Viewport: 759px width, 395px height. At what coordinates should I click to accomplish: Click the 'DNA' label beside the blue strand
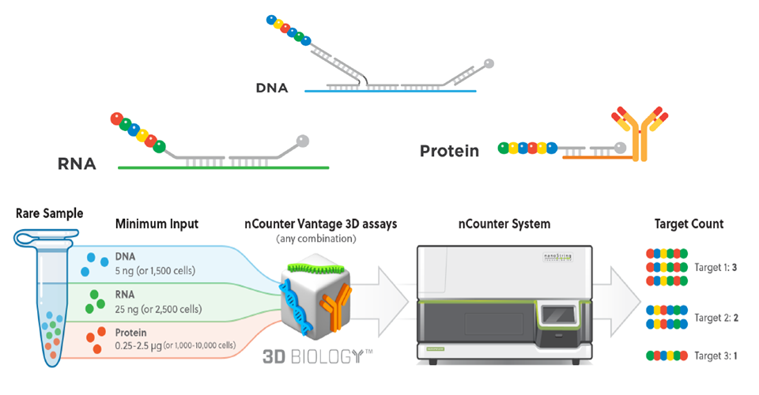point(272,88)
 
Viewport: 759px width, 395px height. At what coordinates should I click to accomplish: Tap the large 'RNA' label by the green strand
point(77,164)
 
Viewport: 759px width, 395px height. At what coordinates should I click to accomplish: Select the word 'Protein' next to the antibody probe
point(449,151)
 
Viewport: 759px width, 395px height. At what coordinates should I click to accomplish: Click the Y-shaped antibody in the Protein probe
point(640,134)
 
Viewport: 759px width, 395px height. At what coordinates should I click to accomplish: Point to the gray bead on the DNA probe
point(489,63)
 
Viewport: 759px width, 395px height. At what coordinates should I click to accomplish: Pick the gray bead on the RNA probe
point(303,141)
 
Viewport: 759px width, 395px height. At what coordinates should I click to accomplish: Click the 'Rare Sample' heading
point(49,213)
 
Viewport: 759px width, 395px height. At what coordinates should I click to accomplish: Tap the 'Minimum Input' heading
point(157,224)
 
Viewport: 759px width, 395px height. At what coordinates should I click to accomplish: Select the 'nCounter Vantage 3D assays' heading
point(320,224)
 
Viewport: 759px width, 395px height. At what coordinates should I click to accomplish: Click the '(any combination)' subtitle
point(316,239)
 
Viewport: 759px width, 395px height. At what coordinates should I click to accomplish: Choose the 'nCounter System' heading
point(504,224)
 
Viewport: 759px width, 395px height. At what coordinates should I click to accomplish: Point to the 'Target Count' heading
point(689,224)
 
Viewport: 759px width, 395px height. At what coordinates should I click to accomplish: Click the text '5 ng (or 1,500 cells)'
point(155,271)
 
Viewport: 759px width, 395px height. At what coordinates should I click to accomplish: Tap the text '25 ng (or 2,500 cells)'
point(158,309)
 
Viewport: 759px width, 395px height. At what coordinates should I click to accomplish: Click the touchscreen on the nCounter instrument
point(559,316)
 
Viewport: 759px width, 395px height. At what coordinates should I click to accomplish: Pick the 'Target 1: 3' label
point(716,267)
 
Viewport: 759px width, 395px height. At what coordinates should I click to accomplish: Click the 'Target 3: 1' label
point(716,355)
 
